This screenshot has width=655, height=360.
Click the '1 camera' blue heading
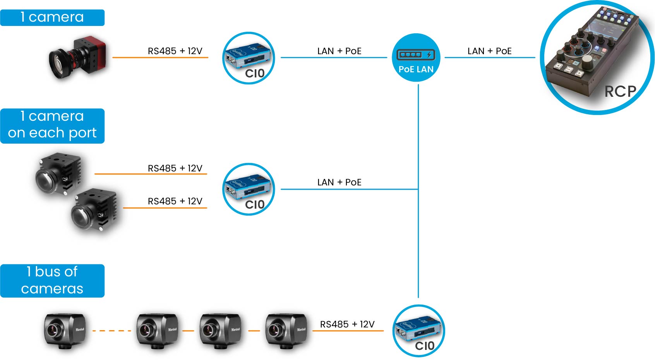point(52,17)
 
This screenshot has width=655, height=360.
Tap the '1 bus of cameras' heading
point(52,281)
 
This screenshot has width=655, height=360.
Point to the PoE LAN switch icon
point(416,57)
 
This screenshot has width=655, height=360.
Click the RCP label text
point(620,92)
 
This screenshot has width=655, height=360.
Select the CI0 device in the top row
point(249,58)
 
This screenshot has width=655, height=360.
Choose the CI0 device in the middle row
point(249,189)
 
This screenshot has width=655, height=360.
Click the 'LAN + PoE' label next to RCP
point(489,51)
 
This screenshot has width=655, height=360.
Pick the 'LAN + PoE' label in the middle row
point(339,182)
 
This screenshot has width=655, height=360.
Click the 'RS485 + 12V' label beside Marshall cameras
point(347,324)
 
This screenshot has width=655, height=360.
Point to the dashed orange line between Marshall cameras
point(111,331)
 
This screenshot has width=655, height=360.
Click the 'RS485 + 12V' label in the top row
point(175,51)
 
